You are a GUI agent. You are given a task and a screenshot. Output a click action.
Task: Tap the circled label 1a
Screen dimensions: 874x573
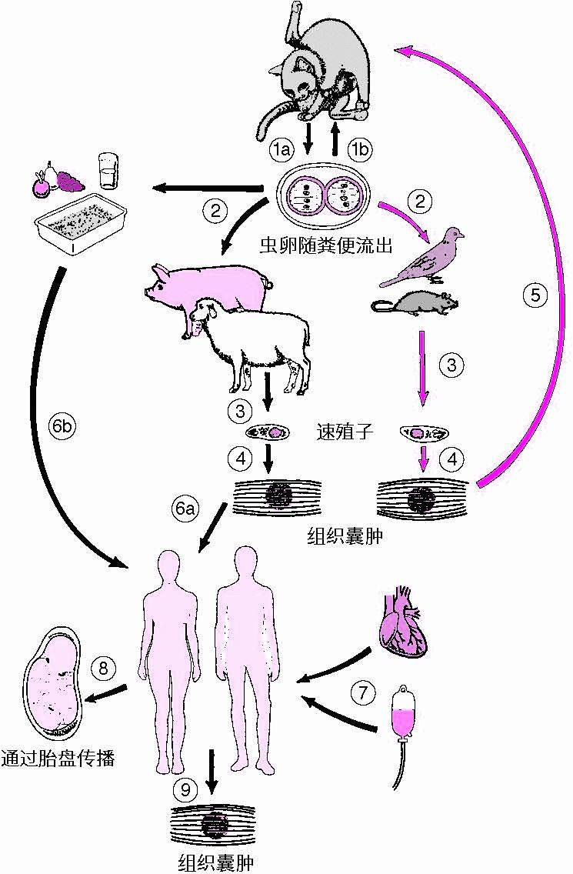point(284,151)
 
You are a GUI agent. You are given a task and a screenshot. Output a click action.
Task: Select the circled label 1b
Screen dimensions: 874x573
point(359,151)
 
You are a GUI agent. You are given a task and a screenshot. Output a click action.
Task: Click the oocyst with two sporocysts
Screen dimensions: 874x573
point(323,199)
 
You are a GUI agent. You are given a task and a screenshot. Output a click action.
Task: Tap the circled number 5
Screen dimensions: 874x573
point(537,293)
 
